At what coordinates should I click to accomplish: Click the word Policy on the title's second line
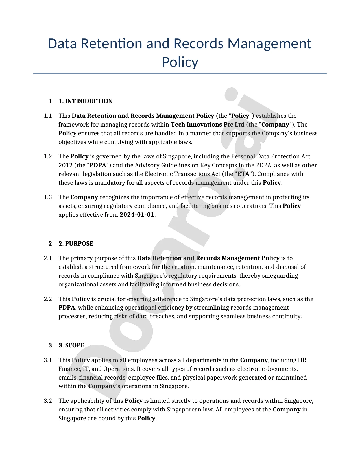(180, 62)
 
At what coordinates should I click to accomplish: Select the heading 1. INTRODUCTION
(85, 101)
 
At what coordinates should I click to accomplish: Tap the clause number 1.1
(48, 116)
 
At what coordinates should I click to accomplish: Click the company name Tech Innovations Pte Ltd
(208, 125)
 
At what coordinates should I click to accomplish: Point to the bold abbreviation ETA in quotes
(243, 174)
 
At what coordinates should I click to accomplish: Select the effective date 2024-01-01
(137, 215)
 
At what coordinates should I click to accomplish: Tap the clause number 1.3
(48, 197)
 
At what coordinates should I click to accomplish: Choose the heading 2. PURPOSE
(76, 244)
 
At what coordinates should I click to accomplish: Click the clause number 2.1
(48, 258)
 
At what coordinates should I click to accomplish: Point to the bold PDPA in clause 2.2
(67, 308)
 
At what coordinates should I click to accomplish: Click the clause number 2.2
(48, 299)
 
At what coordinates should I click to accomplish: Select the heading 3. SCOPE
(71, 345)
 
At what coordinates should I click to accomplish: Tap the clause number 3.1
(48, 360)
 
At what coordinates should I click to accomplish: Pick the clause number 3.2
(48, 401)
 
